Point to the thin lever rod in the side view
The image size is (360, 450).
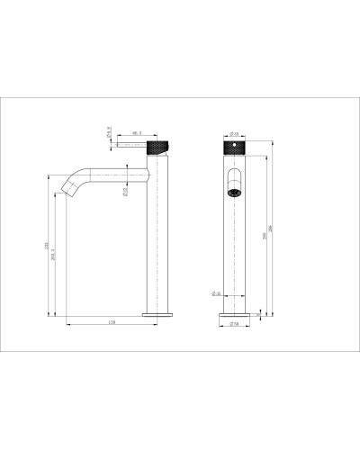tap(126, 143)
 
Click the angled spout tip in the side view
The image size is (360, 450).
tap(66, 189)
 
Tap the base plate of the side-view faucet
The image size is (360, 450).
tap(158, 313)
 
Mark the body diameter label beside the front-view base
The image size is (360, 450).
tap(218, 293)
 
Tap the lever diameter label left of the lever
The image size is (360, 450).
tap(107, 133)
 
